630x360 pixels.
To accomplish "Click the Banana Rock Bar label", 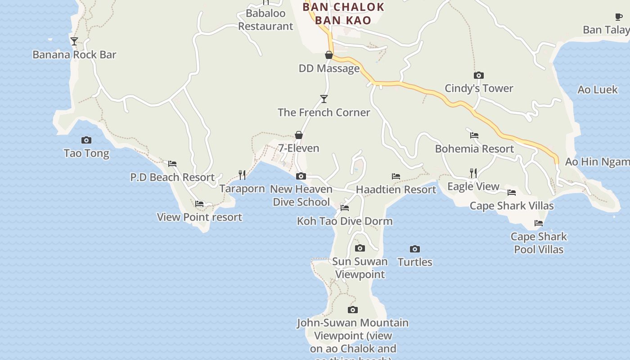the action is [74, 55].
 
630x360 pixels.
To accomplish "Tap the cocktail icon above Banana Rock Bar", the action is [74, 41].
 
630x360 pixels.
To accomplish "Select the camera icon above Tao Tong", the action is [86, 140].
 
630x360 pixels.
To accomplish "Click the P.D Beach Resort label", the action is [172, 177].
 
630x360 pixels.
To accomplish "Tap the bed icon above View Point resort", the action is [199, 204].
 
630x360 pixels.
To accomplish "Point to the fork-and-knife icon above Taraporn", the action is [242, 175].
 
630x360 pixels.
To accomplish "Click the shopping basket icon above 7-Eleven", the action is [298, 135].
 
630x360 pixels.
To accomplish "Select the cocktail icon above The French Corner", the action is [324, 99].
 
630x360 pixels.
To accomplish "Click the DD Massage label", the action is [329, 68].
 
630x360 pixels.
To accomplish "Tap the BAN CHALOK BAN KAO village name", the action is [343, 13].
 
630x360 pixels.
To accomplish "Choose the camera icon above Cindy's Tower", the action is [479, 75].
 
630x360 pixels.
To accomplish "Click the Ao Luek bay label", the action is [598, 90].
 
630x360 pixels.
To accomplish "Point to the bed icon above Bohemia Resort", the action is [474, 135].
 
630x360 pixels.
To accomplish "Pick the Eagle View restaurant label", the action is [473, 186].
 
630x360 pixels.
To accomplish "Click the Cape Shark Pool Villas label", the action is [539, 243].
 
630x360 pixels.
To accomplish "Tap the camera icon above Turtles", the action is [415, 249].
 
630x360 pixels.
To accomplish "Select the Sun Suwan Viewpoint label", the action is [360, 268].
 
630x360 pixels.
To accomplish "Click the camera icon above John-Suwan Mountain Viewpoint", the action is [353, 310].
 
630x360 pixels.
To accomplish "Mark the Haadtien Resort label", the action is [396, 189].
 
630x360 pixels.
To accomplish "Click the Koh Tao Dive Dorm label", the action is [345, 221].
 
